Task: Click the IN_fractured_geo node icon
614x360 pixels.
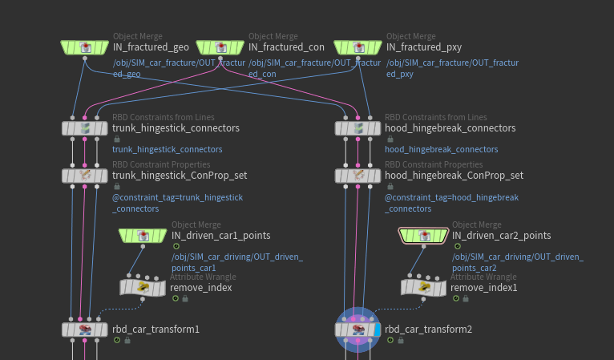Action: click(84, 47)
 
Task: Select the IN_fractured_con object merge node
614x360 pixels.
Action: click(220, 47)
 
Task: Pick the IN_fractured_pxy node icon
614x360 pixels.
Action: click(357, 47)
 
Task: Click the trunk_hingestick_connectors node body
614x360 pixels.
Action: click(84, 128)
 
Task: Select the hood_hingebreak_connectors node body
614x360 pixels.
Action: click(357, 128)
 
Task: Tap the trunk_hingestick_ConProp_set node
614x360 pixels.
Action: click(84, 175)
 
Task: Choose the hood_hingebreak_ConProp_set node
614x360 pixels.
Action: click(357, 175)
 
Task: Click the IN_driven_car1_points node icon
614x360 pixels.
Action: click(143, 235)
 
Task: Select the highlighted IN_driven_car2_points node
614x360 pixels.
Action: click(422, 235)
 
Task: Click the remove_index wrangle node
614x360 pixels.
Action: click(143, 286)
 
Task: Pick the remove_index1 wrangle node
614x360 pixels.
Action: click(423, 286)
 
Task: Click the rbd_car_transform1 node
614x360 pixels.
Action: click(84, 329)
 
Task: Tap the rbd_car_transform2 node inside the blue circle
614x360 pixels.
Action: click(357, 329)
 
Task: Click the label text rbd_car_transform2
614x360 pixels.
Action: click(428, 329)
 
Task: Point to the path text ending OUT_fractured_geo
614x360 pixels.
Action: click(179, 67)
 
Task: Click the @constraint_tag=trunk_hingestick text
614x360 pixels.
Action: click(177, 197)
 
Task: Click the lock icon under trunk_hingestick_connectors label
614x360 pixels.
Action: click(117, 139)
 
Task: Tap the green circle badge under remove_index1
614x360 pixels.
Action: click(455, 298)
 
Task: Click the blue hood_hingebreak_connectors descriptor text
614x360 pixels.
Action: click(441, 149)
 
